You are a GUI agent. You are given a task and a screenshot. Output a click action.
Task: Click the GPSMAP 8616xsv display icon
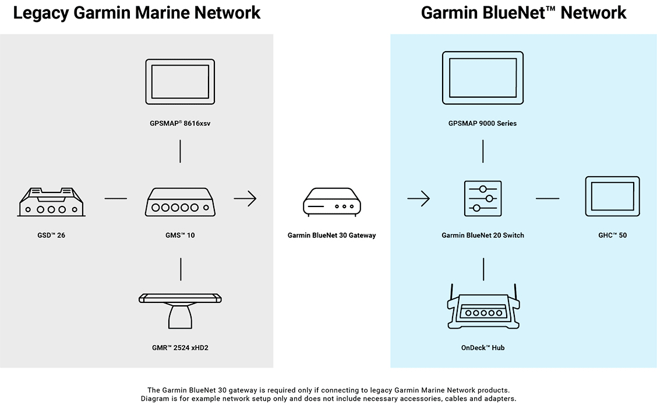point(180,81)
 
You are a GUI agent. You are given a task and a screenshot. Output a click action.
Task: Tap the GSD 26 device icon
point(51,202)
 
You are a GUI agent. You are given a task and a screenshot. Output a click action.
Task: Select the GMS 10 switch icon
point(180,202)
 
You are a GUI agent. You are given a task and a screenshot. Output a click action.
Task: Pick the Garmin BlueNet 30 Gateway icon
point(331,201)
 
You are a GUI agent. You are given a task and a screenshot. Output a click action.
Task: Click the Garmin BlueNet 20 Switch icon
point(483,198)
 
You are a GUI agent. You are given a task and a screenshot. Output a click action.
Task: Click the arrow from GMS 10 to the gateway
point(245,199)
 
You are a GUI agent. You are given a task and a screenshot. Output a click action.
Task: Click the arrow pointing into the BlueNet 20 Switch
point(418,199)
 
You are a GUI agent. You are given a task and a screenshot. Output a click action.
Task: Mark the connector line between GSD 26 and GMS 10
point(115,199)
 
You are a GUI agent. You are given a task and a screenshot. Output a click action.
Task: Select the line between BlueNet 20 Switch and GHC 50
point(547,199)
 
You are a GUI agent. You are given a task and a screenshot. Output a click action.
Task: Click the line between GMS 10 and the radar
point(180,269)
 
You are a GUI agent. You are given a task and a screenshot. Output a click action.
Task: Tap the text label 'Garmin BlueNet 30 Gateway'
point(331,235)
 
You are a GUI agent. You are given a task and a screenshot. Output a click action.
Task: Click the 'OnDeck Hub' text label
point(482,348)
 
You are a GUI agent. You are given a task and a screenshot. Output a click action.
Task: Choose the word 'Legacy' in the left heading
point(40,13)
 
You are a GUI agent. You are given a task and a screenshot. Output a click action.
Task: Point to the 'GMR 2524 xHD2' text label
point(180,348)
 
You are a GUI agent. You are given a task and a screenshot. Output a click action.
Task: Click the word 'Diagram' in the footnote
point(154,398)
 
